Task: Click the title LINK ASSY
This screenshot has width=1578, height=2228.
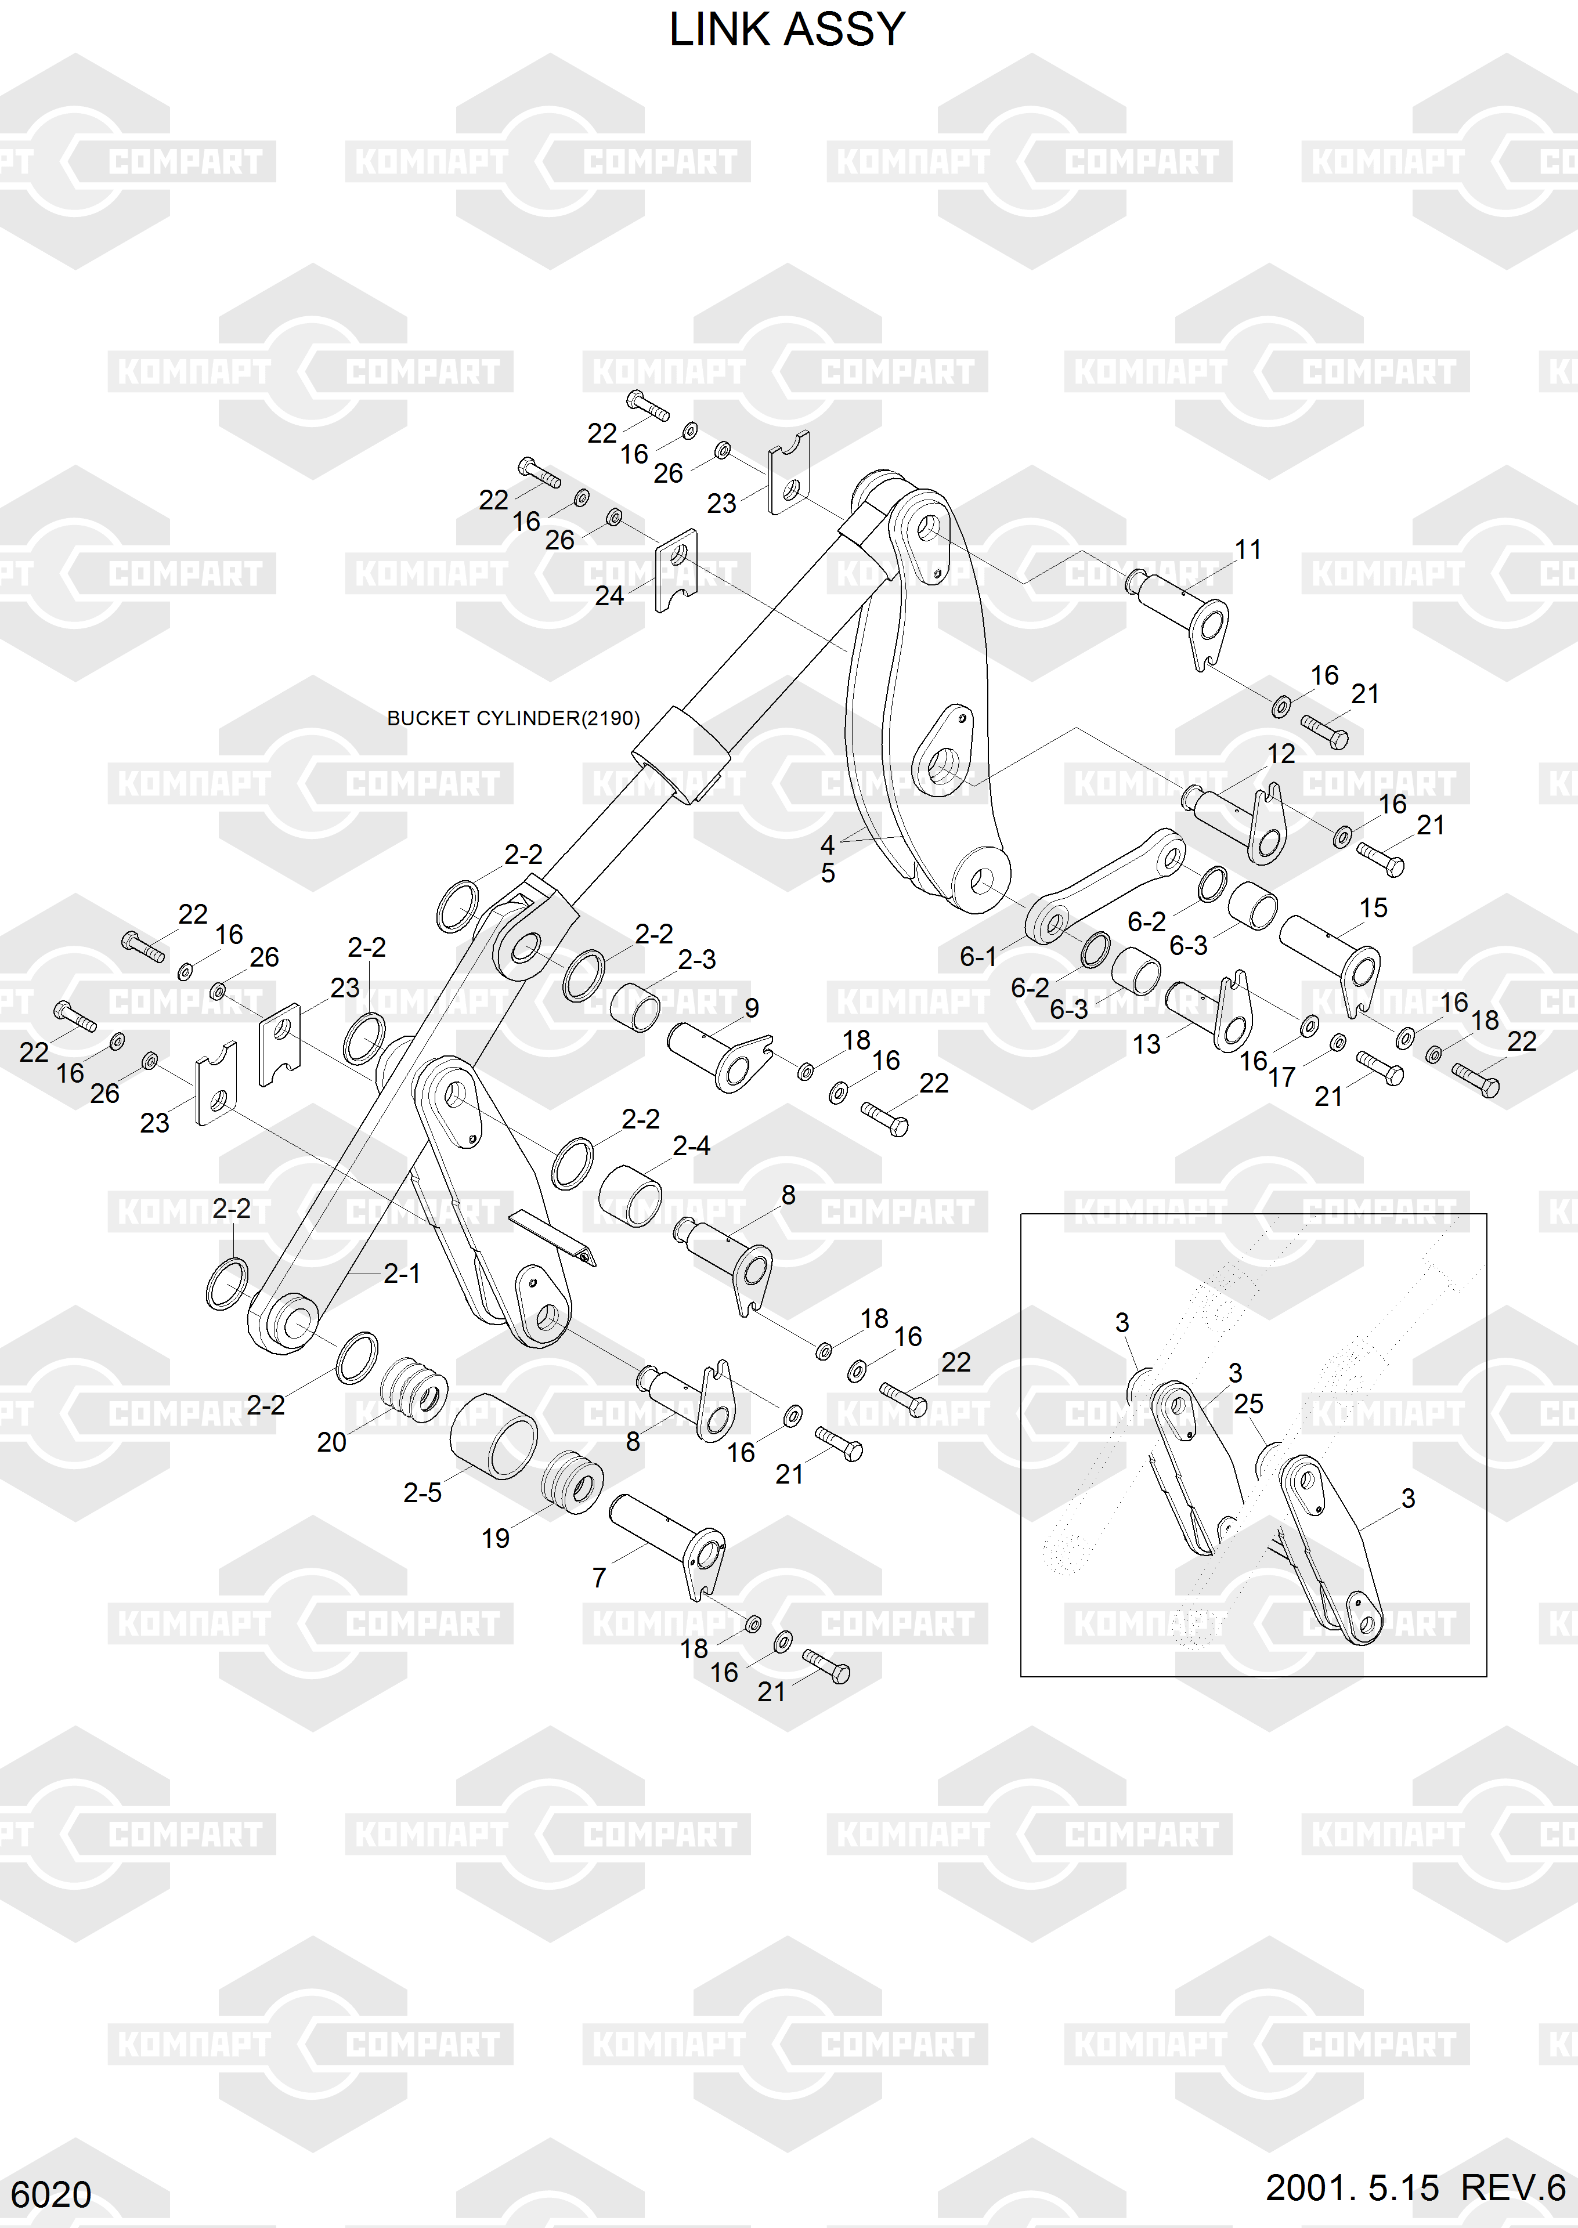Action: click(x=787, y=30)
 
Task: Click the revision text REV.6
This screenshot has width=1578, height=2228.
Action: click(x=1513, y=2187)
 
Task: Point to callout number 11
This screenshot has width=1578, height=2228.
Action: click(x=1248, y=549)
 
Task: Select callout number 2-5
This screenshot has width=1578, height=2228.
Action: click(x=423, y=1492)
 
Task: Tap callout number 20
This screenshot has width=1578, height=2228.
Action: click(x=331, y=1442)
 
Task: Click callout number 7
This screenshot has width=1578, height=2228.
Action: click(x=600, y=1578)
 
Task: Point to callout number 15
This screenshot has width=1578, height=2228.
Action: click(x=1373, y=908)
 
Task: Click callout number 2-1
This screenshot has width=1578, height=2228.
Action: click(x=401, y=1274)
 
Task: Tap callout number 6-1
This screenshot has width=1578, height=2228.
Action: click(x=978, y=957)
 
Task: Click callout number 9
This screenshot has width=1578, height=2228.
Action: click(x=751, y=1008)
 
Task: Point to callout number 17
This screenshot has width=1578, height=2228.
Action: click(x=1281, y=1076)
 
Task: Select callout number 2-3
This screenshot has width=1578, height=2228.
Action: click(x=696, y=960)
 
